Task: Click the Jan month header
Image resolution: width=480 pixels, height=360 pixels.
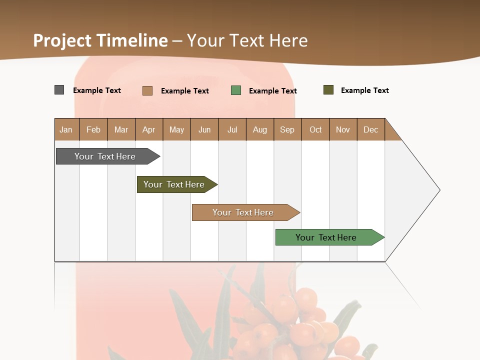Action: (x=66, y=129)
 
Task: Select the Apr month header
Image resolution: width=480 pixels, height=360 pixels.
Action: (x=149, y=129)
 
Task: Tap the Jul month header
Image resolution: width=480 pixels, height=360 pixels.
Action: (x=232, y=129)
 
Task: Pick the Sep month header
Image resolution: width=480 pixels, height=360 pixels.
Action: (x=287, y=129)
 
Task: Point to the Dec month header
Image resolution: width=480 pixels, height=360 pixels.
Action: (x=370, y=129)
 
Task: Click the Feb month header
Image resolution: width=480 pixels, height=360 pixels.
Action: (x=93, y=129)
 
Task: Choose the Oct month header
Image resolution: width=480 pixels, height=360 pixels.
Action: (x=315, y=129)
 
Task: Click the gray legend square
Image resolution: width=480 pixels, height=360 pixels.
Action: (x=59, y=90)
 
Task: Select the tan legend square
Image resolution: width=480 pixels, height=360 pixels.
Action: (x=147, y=90)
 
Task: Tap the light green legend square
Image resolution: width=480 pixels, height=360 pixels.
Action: (x=236, y=90)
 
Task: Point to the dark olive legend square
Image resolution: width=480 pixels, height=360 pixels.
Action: (x=328, y=90)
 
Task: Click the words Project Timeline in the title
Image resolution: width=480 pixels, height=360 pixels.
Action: (x=100, y=40)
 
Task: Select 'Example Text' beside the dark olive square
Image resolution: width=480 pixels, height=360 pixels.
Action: (x=364, y=90)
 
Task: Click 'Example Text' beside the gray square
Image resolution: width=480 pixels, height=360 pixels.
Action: (x=97, y=90)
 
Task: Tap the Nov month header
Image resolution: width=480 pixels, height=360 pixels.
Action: (x=343, y=129)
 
